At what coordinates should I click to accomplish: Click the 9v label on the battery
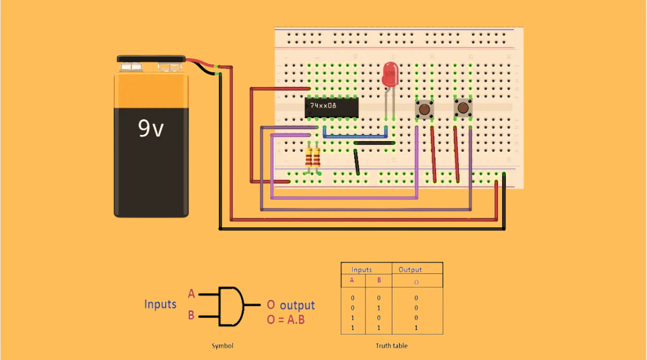[x=151, y=129]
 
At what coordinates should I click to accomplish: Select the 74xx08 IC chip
[x=331, y=106]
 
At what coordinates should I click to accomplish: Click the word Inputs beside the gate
[x=160, y=305]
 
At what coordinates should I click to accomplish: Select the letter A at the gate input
[x=191, y=294]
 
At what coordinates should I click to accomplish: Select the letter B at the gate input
[x=191, y=315]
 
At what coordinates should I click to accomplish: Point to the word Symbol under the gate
[x=222, y=345]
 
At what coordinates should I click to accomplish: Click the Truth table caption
[x=392, y=345]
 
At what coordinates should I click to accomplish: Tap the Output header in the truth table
[x=410, y=270]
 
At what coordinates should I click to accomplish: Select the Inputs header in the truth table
[x=362, y=270]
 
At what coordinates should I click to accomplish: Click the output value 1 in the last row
[x=416, y=328]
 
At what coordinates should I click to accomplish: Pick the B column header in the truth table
[x=378, y=280]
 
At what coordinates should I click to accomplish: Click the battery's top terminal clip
[x=151, y=59]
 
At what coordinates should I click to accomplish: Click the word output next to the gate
[x=297, y=305]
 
